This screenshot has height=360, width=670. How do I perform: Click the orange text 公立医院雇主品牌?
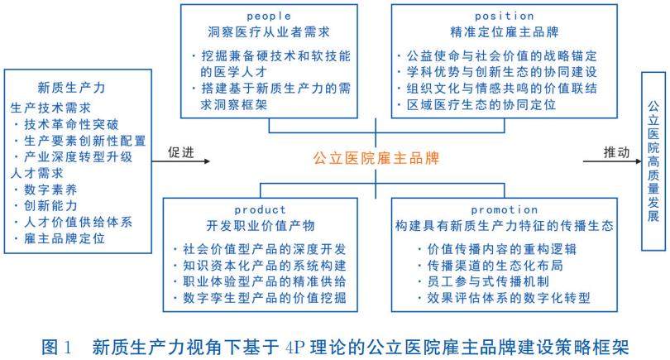coord(376,157)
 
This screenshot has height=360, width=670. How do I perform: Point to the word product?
coord(260,210)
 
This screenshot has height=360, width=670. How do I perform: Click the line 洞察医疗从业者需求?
coord(266,32)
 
